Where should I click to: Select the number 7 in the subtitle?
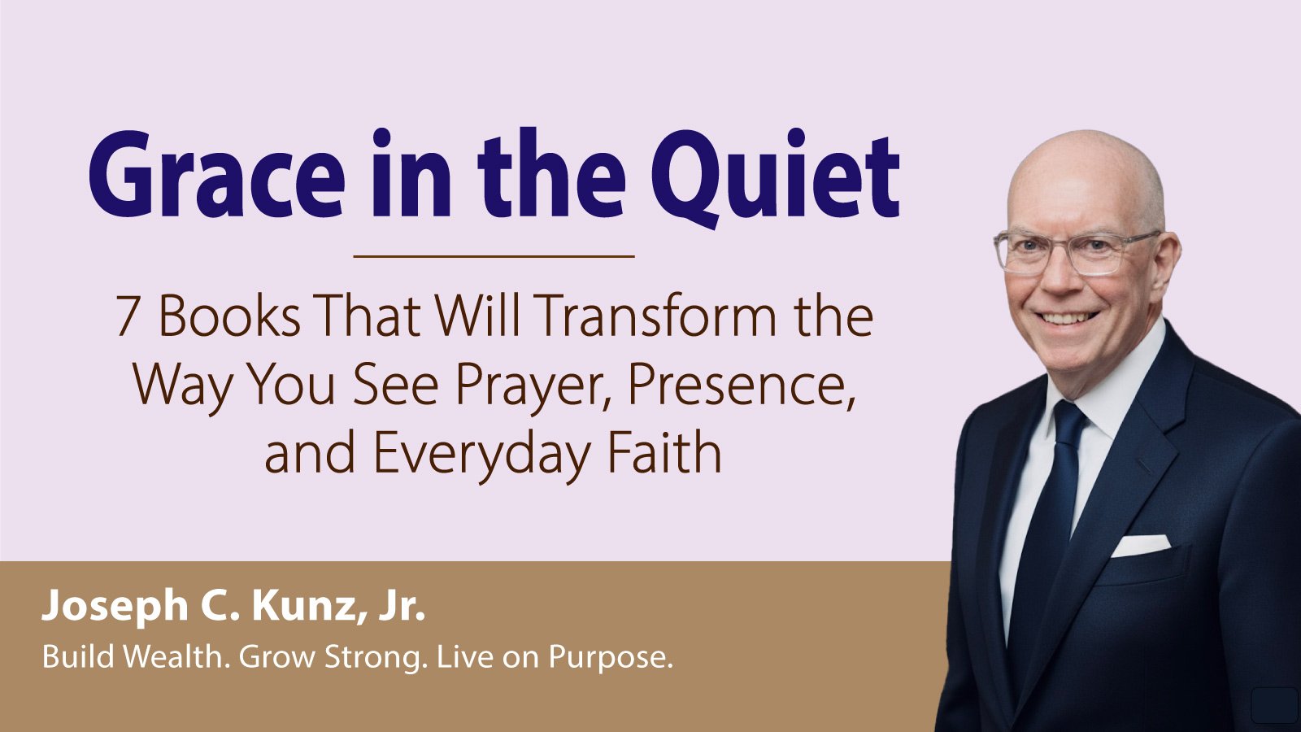127,316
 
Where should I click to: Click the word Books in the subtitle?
229,316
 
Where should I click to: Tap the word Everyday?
481,454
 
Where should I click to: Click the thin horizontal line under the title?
494,255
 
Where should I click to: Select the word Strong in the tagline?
372,658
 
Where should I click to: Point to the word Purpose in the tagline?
611,658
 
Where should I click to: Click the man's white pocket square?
1140,546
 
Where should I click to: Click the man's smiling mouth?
1068,318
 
